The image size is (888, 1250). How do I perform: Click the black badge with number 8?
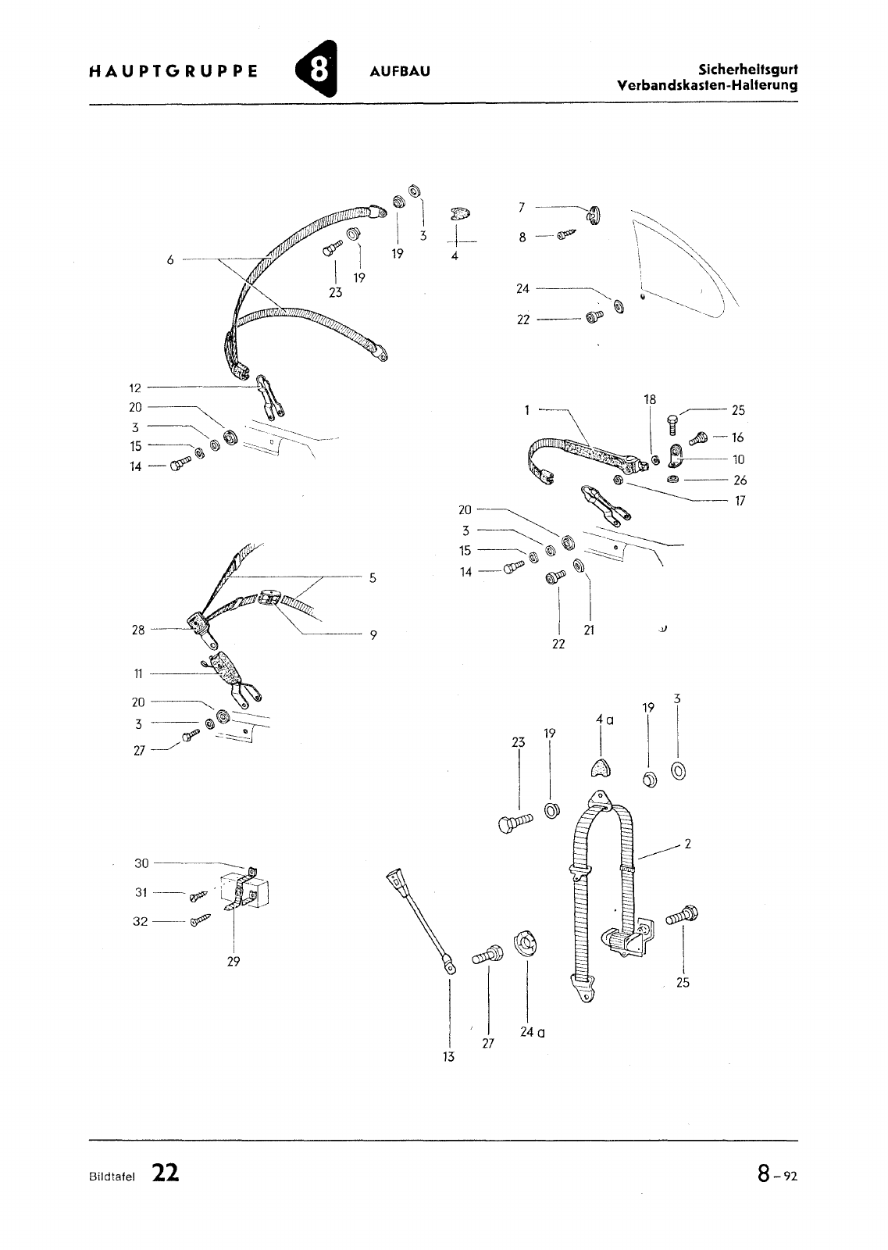coord(317,70)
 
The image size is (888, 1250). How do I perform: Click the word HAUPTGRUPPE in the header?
coord(173,71)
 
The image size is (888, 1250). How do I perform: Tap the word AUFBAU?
coord(400,71)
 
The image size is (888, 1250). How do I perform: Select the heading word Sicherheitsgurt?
coord(748,70)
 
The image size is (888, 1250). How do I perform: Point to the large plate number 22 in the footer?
coord(165,1173)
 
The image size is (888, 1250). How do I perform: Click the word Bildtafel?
coord(112,1177)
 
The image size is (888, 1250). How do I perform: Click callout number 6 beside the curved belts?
coord(170,259)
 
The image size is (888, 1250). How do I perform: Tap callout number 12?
coord(135,387)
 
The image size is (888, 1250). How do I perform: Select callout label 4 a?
coord(604,720)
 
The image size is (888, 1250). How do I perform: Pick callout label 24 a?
coord(533,1032)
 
